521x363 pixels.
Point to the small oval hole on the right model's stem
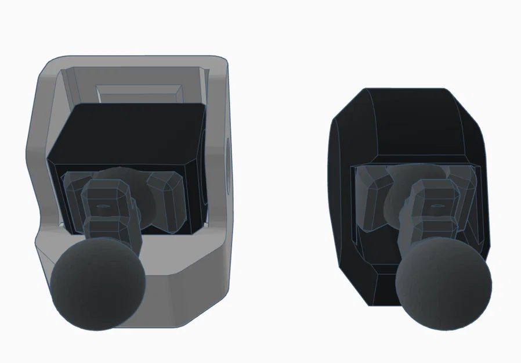(436, 205)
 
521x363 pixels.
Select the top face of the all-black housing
(415, 122)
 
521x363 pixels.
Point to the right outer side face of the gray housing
(218, 174)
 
